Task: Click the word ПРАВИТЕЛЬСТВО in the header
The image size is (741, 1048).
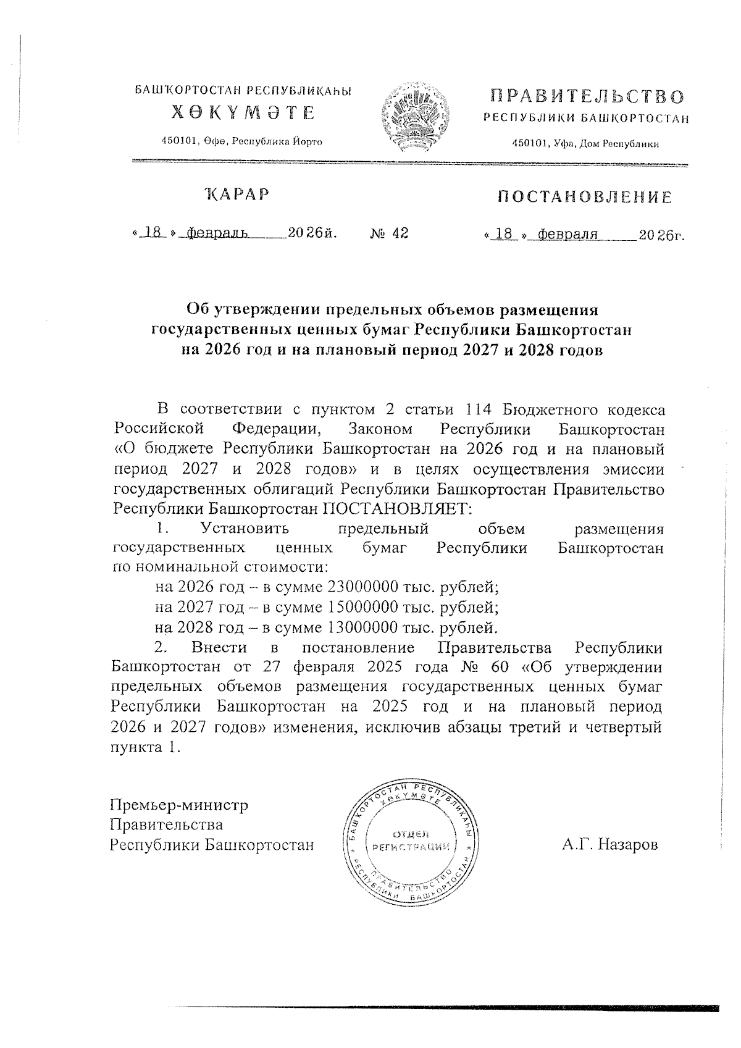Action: (x=587, y=97)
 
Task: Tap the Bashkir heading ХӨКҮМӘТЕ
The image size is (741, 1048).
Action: (x=243, y=113)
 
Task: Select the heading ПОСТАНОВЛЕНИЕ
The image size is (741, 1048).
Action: (x=585, y=198)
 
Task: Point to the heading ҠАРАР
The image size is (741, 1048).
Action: (x=238, y=195)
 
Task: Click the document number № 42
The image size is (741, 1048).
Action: (x=389, y=233)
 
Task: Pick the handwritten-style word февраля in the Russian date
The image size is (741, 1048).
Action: (x=567, y=235)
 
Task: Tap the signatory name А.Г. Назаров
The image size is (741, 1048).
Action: (x=610, y=844)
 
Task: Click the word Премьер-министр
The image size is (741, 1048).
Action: (x=178, y=805)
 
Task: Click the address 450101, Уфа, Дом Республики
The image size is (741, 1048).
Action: (x=586, y=144)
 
